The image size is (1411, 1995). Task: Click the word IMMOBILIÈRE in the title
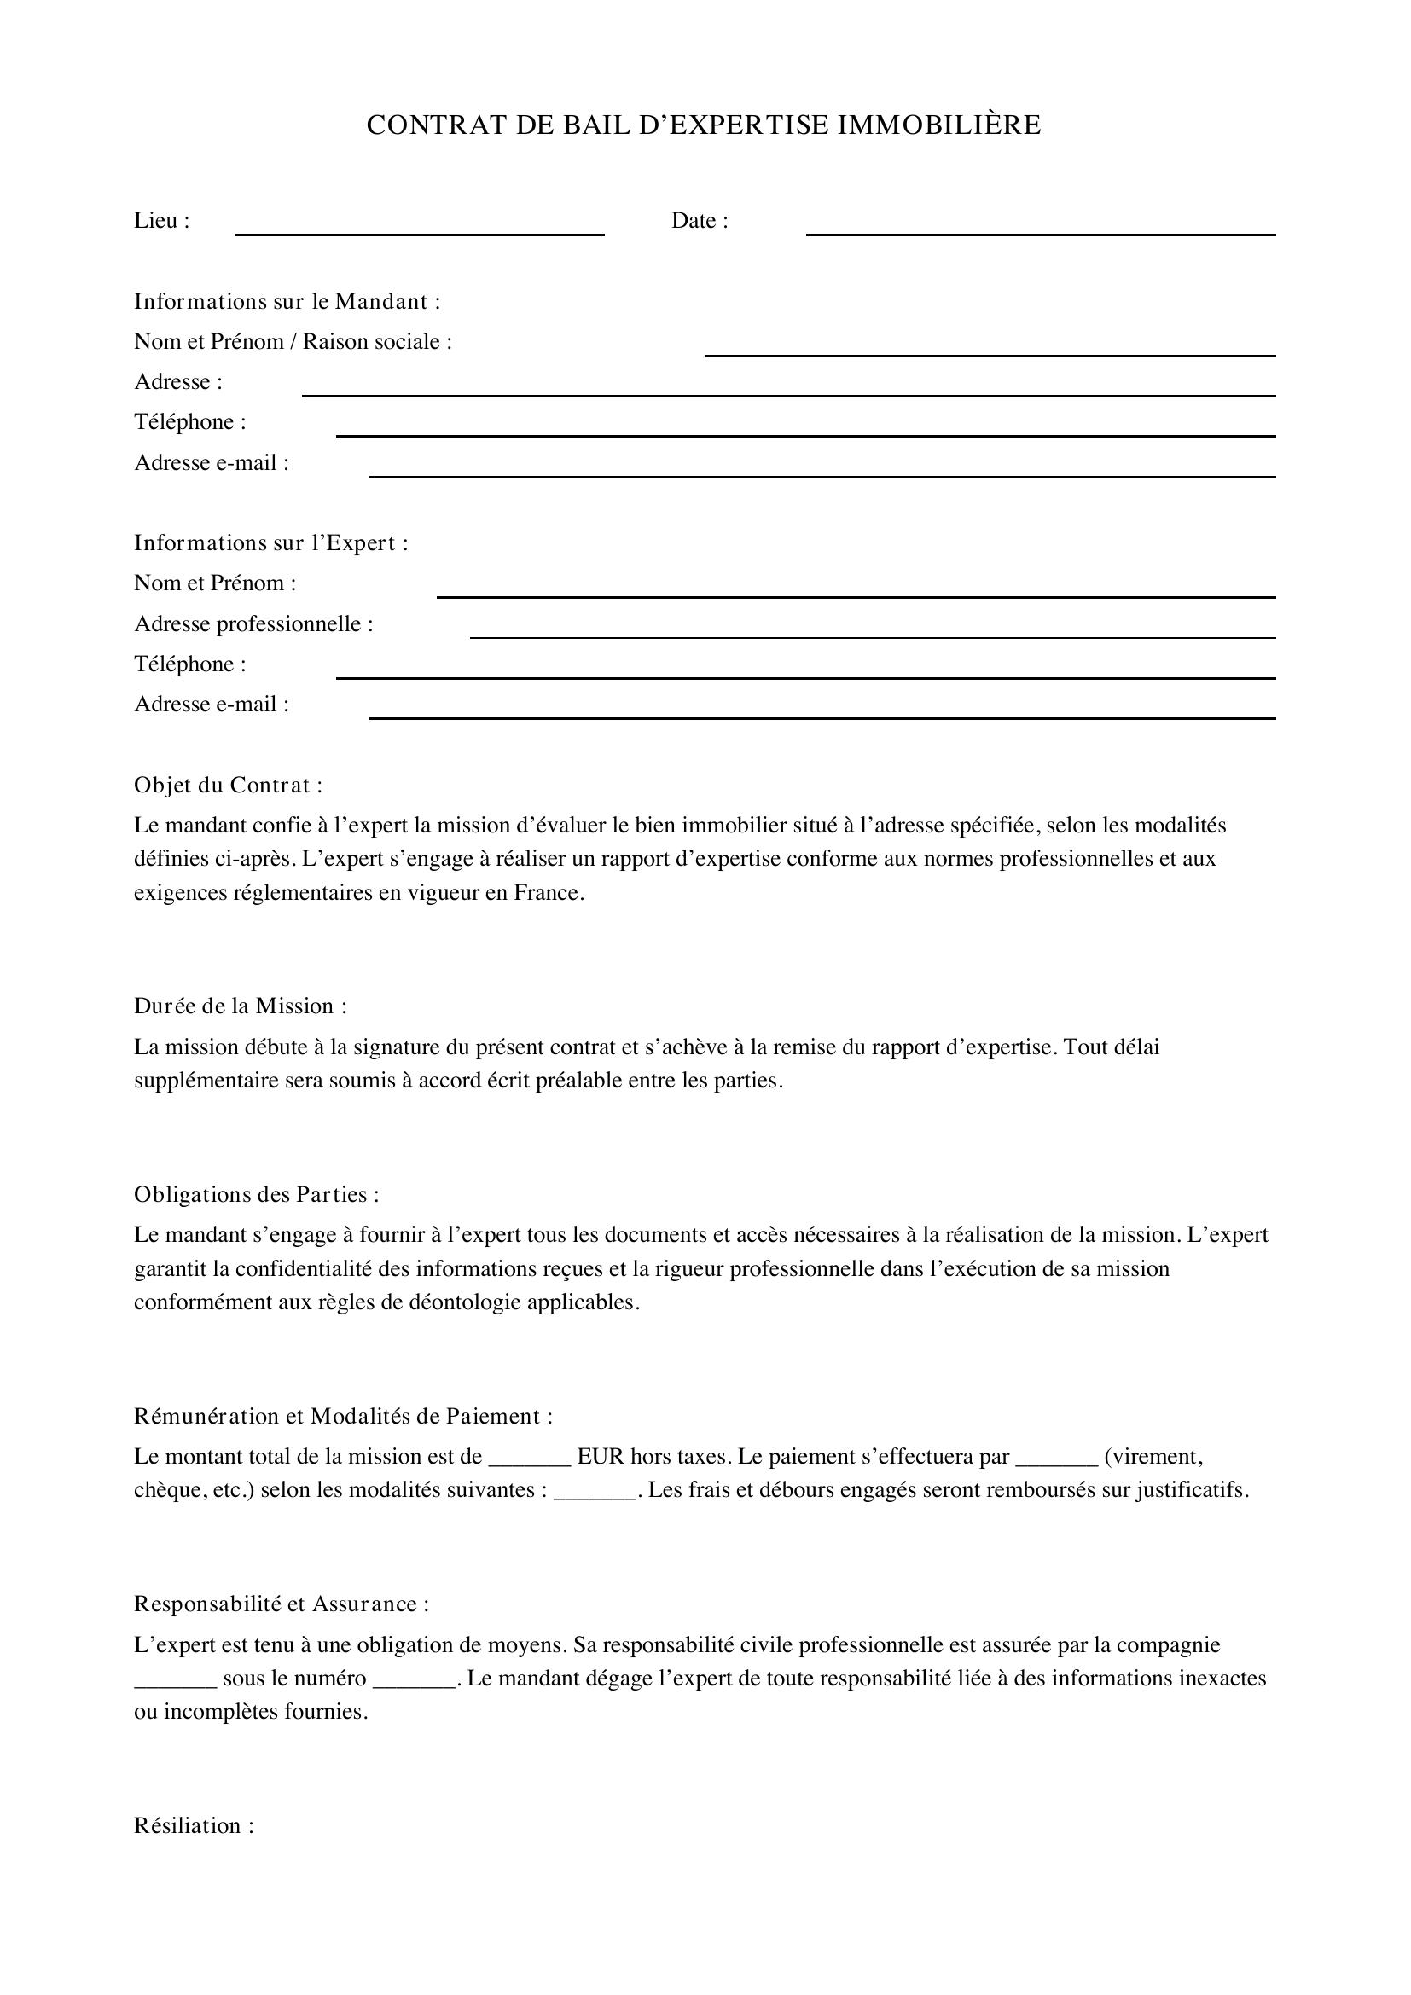(939, 125)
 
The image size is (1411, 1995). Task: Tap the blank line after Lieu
(420, 232)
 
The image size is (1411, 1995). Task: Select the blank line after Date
(1040, 232)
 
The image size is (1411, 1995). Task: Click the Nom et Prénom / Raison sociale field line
(990, 353)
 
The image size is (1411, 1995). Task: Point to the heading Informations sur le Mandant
(287, 301)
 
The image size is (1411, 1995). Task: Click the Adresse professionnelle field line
(873, 635)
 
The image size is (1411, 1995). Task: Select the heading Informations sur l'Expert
(270, 543)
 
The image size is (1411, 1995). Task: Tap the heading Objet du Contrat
(228, 786)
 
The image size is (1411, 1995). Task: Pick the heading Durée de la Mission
(240, 1006)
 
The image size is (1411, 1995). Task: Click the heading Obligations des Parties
(256, 1195)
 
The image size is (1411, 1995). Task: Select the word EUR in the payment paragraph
(601, 1456)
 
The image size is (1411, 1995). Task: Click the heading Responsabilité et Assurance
(281, 1604)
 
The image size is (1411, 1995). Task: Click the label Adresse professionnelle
(253, 623)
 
